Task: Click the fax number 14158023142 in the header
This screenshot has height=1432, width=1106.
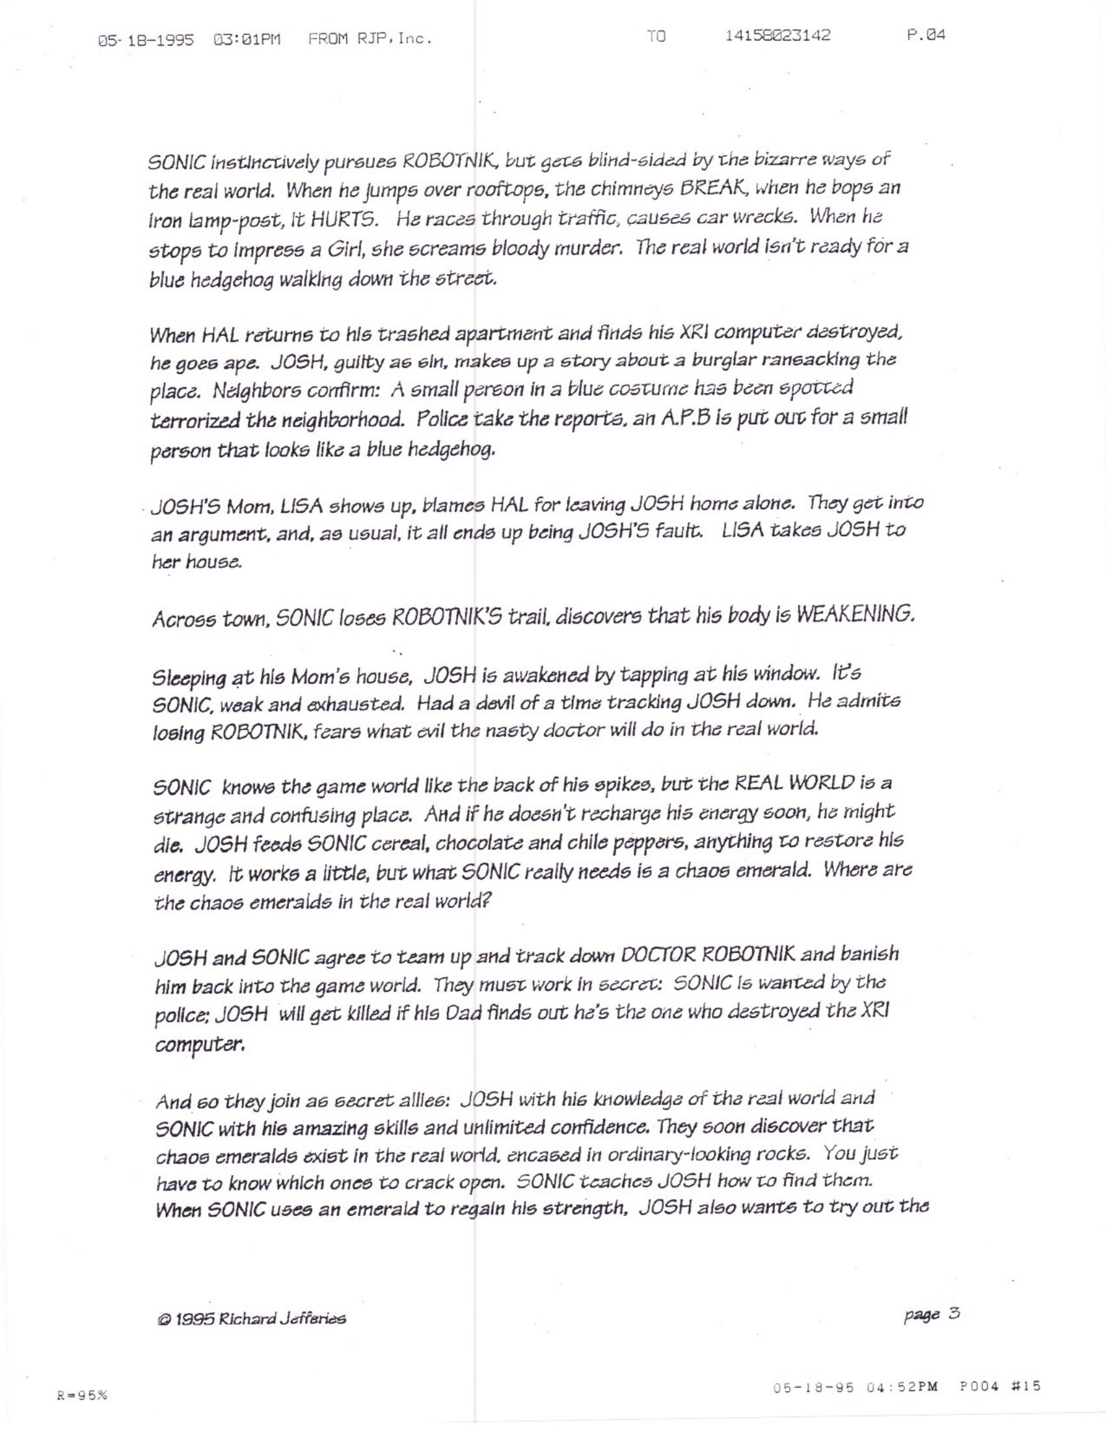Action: [777, 35]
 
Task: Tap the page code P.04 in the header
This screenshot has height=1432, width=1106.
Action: [926, 34]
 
